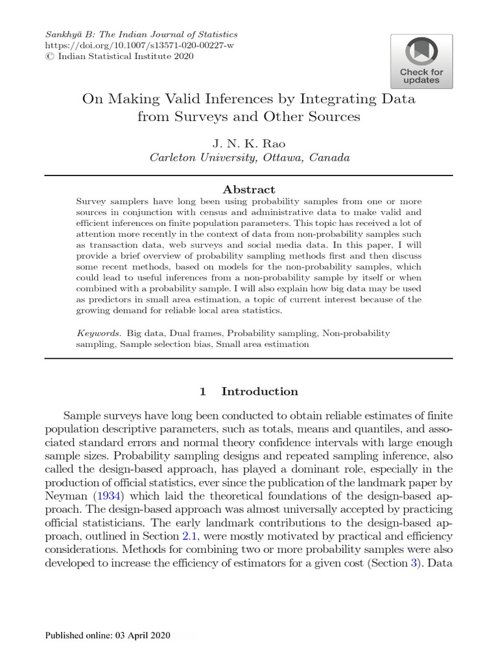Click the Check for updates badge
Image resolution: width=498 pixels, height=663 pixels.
pos(421,61)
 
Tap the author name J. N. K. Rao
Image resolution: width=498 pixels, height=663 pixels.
pos(249,142)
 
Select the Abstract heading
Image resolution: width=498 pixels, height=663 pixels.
pos(249,190)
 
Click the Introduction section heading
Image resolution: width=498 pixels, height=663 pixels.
pos(259,391)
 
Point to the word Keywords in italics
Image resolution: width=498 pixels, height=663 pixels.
pos(99,333)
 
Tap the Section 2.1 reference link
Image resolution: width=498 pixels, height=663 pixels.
pos(189,536)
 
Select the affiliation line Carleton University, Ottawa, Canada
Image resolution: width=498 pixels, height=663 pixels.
pos(250,157)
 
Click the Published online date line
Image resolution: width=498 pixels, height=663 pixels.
pos(108,636)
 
